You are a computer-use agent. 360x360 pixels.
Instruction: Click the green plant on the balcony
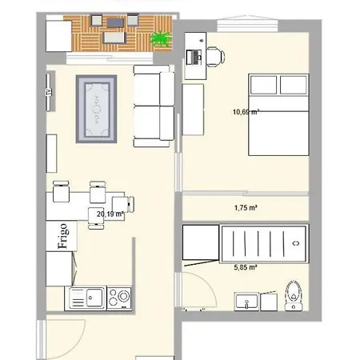pyautogui.click(x=162, y=38)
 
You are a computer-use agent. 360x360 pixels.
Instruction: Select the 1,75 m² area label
pyautogui.click(x=245, y=208)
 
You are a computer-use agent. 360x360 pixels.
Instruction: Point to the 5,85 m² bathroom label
pyautogui.click(x=245, y=268)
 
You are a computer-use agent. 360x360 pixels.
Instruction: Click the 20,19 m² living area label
pyautogui.click(x=110, y=214)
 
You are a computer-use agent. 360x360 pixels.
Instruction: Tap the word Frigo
pyautogui.click(x=62, y=237)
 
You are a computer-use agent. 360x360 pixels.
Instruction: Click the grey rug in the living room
pyautogui.click(x=97, y=109)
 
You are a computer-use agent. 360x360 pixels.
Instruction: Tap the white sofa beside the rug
pyautogui.click(x=153, y=106)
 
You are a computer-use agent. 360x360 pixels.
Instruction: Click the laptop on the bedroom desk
pyautogui.click(x=194, y=56)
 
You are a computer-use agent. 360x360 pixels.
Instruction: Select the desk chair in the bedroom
pyautogui.click(x=214, y=56)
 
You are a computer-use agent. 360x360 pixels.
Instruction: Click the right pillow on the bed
pyautogui.click(x=294, y=84)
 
